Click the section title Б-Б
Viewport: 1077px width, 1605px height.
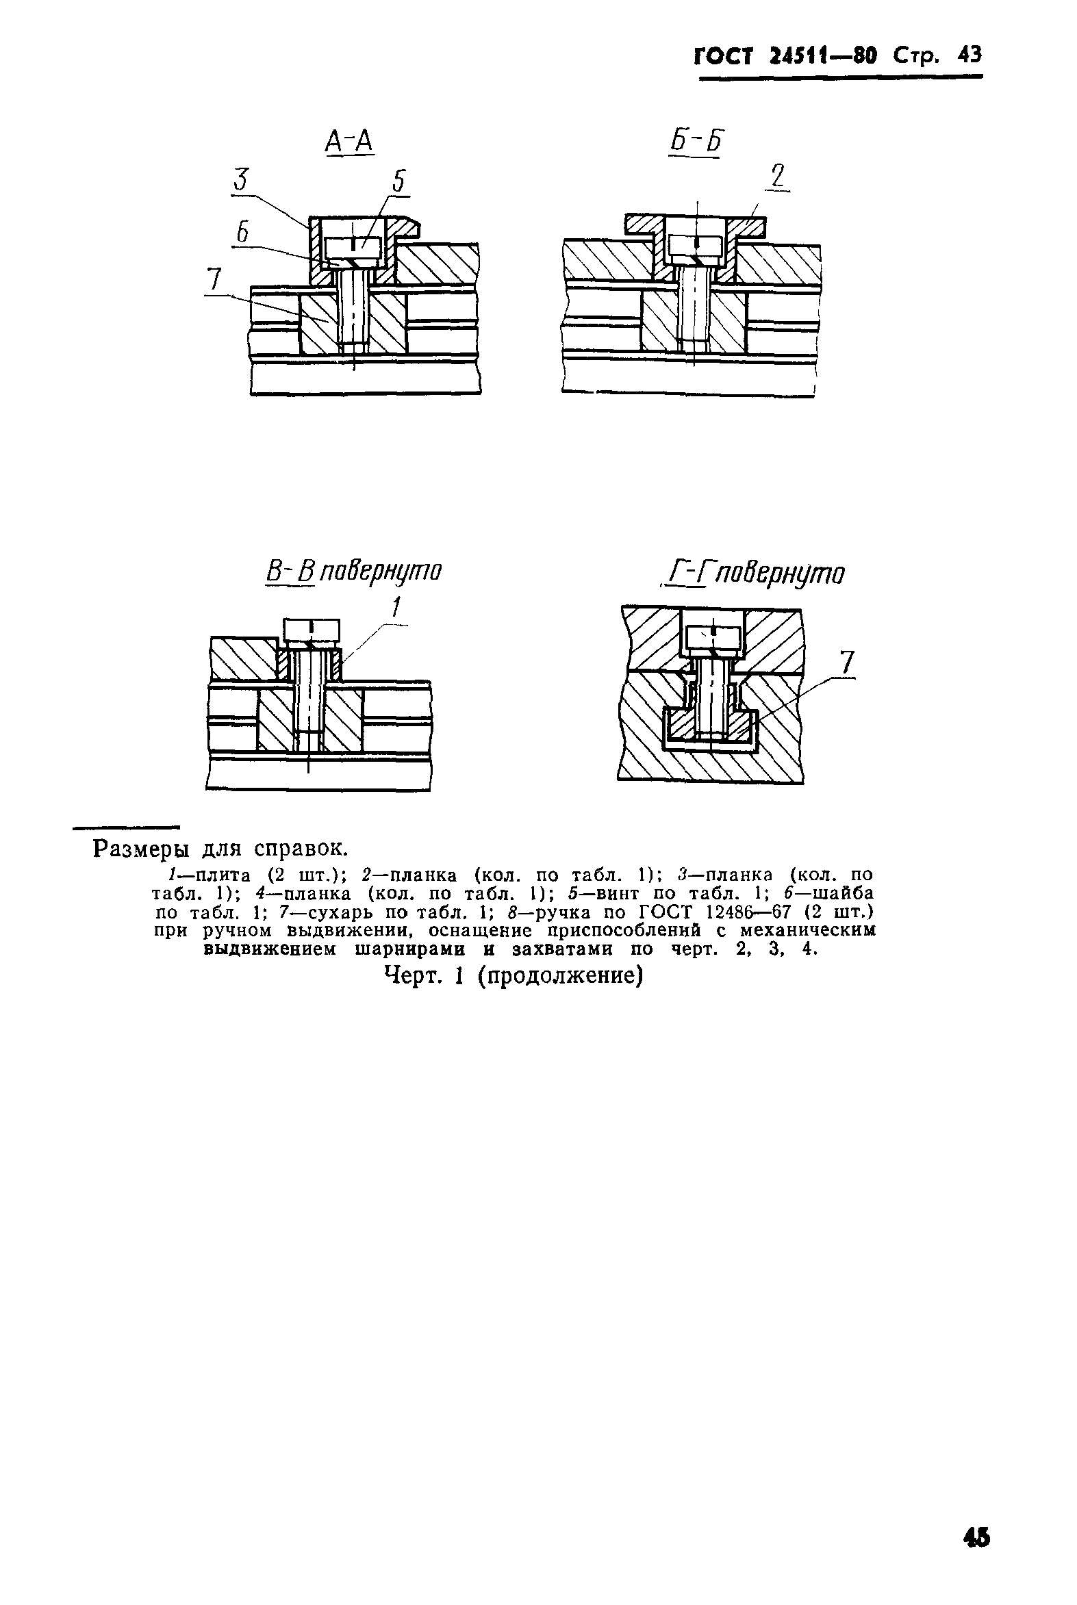coord(696,142)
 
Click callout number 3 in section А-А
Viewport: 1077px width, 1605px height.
coord(240,180)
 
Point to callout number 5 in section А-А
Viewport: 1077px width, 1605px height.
coord(399,181)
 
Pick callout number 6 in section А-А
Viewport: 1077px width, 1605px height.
coord(242,233)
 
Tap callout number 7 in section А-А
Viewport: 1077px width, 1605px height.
coord(216,279)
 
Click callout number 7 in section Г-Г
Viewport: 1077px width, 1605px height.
coord(847,662)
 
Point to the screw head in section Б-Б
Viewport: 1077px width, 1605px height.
coord(696,245)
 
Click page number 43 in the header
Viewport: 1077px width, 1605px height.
coord(970,55)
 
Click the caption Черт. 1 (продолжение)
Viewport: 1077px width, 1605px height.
coord(513,975)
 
